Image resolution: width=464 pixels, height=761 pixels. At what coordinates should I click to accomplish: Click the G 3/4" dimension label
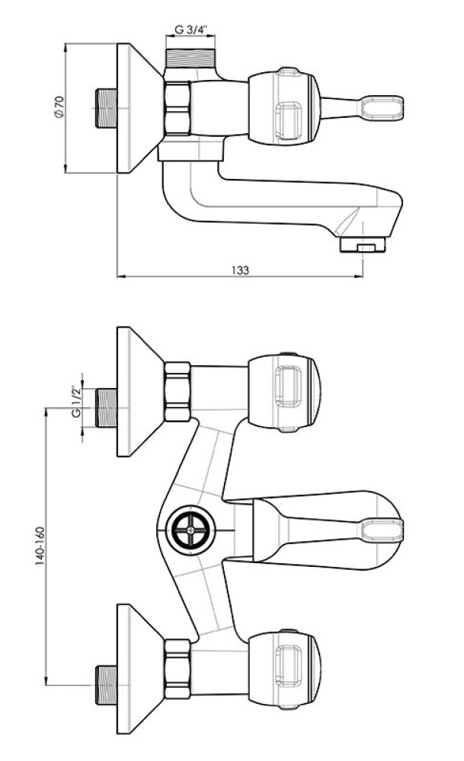(190, 30)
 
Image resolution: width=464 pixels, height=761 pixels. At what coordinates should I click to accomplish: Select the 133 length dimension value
(240, 270)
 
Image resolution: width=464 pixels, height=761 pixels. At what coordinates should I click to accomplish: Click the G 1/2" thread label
(75, 403)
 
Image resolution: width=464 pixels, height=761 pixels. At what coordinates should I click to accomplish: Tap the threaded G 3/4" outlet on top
(190, 59)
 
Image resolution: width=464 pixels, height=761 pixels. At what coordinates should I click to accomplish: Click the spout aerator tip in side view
(363, 244)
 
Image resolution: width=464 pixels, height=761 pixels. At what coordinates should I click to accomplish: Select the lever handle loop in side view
(382, 107)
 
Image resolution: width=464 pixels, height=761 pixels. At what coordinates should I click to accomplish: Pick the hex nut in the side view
(178, 108)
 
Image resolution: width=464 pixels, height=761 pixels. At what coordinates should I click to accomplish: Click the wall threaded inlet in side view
(106, 108)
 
